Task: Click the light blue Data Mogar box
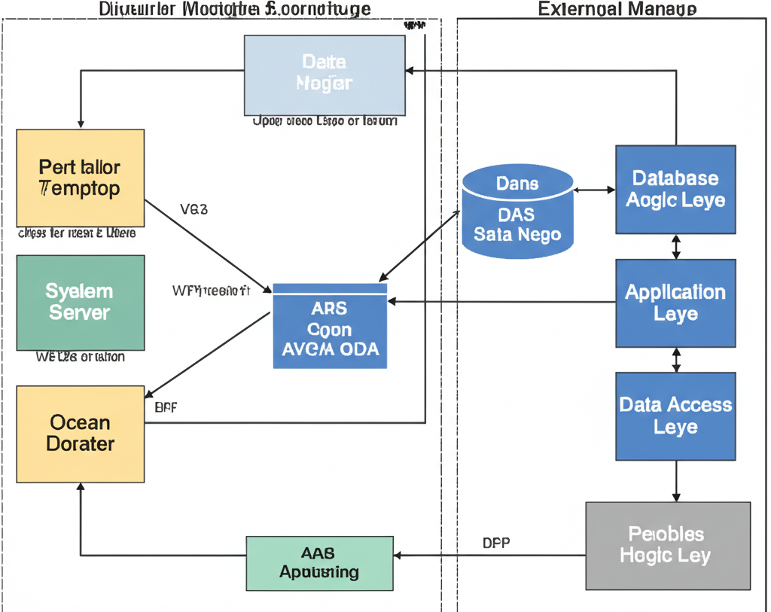coord(324,75)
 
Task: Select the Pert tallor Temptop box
coord(80,177)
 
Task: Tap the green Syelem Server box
coord(80,302)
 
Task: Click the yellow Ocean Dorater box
coord(80,434)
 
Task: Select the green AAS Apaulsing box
coord(319,563)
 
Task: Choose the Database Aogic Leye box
coord(675,189)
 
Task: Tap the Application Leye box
coord(675,303)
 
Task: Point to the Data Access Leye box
coord(675,416)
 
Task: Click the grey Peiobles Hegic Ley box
coord(668,545)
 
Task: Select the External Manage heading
coord(617,9)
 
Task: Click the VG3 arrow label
coord(194,209)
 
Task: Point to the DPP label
coord(495,543)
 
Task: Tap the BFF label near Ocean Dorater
coord(166,408)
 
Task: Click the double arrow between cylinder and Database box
coord(595,190)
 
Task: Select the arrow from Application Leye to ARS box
coord(501,302)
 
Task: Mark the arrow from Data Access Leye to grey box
coord(676,480)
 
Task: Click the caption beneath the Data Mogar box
coord(325,120)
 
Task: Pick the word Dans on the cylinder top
coord(517,183)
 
